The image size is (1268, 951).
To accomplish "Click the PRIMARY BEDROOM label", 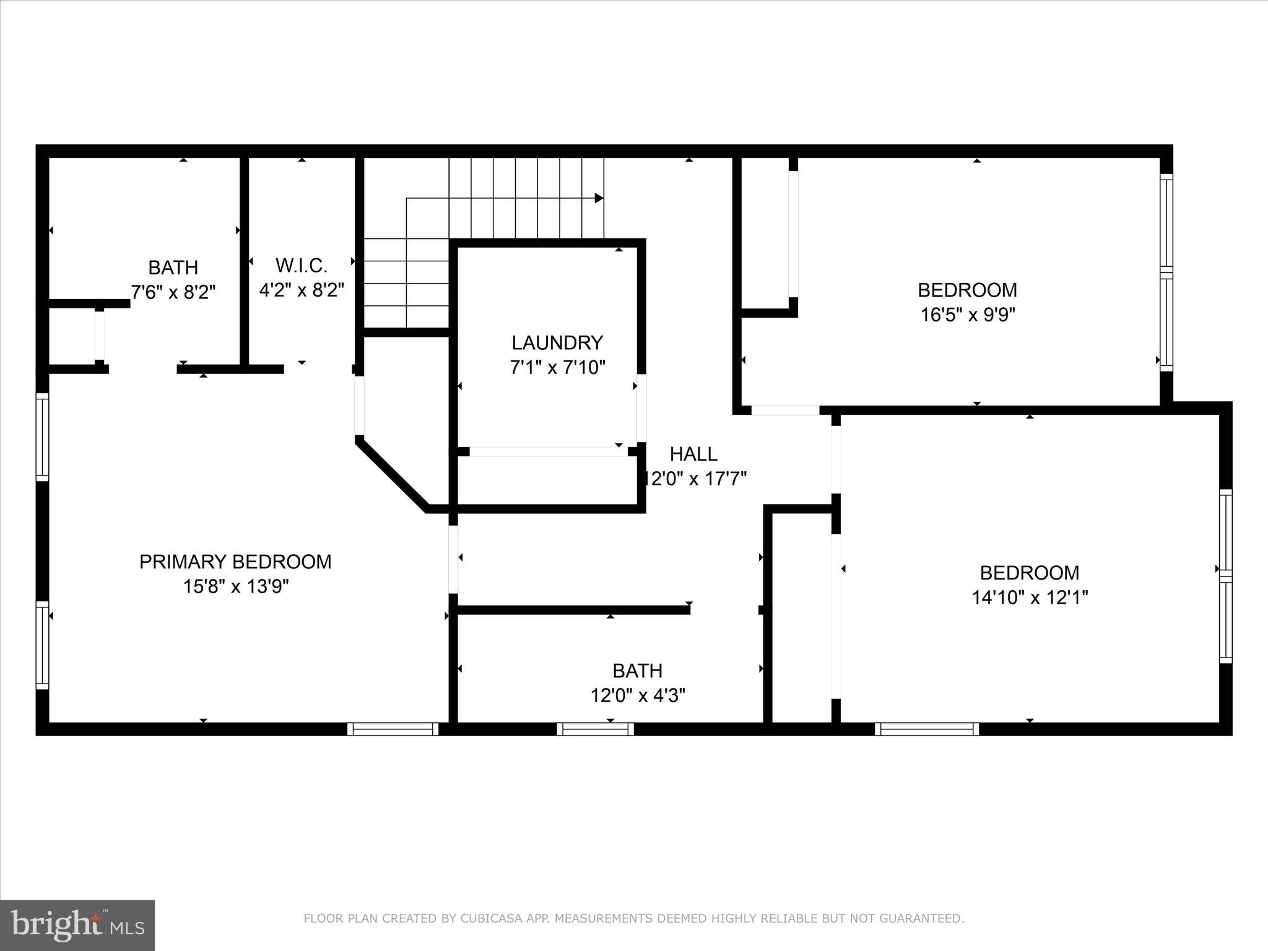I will click(235, 562).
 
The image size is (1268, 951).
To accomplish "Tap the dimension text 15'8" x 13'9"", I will click(236, 586).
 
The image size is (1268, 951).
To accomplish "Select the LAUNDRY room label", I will click(557, 342).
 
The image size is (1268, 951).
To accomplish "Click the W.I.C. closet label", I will click(302, 266).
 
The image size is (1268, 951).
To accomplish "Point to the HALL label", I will click(693, 454).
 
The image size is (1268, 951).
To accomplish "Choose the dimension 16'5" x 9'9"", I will click(968, 315).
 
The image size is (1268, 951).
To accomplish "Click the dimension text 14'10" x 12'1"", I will click(1030, 597).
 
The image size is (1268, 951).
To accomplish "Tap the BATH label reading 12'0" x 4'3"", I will click(638, 671).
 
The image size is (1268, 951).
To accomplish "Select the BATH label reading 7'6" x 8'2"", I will click(173, 267).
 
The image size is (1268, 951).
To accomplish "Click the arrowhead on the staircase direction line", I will click(599, 198).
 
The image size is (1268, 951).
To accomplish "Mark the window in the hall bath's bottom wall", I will click(595, 729).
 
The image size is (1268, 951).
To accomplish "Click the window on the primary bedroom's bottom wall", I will click(393, 729).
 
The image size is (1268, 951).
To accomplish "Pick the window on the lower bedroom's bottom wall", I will click(927, 729).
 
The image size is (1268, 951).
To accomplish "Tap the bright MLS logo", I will click(77, 925).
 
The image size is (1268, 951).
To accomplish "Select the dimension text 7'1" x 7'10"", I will click(557, 368).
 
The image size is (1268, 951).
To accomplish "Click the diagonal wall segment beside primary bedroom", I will click(392, 474).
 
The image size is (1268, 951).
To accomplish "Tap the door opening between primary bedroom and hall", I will click(453, 559).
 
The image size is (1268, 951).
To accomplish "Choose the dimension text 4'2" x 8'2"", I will click(302, 290).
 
